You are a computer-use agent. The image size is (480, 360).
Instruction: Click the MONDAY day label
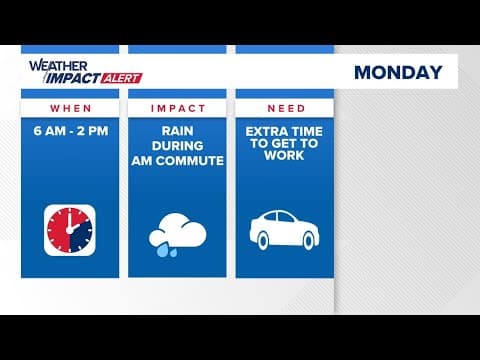tap(397, 72)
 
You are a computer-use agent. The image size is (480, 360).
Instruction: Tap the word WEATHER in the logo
tap(52, 66)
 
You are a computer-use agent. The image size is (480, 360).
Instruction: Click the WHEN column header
tap(70, 108)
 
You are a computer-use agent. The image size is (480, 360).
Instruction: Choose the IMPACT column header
tap(177, 108)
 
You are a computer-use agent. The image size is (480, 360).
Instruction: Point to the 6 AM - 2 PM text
tap(70, 130)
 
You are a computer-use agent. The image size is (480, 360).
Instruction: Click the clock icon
tap(70, 229)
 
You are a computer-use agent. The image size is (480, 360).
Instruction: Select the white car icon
tap(283, 229)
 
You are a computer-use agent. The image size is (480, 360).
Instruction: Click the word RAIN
tap(177, 130)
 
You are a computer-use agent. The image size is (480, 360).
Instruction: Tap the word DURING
tap(177, 145)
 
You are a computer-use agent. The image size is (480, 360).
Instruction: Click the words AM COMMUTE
tap(177, 160)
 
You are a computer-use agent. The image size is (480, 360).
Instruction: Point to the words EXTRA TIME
tap(283, 130)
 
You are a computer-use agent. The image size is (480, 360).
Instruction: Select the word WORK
tap(283, 160)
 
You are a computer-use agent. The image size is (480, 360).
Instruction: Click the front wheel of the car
tap(309, 240)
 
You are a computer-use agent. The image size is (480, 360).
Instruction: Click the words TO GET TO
tap(283, 145)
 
